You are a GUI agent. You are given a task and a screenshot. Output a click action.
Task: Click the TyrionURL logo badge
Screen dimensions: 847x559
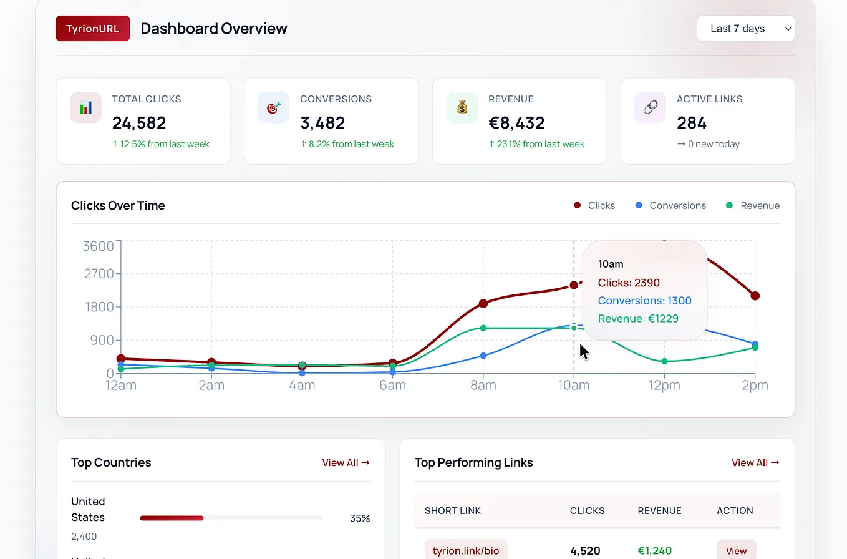[x=93, y=28]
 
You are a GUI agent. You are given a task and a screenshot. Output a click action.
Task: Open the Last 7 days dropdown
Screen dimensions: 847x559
[x=746, y=28]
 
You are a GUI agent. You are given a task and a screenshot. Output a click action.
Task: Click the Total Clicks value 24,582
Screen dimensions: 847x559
[x=138, y=122]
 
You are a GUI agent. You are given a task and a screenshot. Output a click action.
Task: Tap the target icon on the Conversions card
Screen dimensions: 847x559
[x=274, y=107]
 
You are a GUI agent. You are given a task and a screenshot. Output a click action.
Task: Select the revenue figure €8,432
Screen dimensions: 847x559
[x=516, y=122]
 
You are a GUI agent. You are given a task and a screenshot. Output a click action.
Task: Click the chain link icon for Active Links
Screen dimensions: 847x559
[x=651, y=107]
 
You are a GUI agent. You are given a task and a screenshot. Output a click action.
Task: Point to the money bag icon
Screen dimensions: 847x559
[x=462, y=107]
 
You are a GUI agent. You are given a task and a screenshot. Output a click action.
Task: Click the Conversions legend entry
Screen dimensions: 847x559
[x=670, y=205]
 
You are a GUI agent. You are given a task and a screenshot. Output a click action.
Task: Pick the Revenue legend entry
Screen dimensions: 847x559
[x=753, y=205]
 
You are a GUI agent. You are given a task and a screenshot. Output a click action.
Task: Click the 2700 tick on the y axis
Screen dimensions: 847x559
[x=99, y=273]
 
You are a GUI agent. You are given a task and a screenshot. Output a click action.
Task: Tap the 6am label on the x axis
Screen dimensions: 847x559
[x=392, y=386]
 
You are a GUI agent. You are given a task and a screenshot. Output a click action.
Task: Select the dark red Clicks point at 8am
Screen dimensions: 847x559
[x=483, y=303]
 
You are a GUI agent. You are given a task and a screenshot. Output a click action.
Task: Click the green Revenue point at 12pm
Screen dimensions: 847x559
[x=664, y=361]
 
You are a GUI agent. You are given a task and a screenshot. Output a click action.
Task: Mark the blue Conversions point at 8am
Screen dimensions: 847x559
[x=483, y=356]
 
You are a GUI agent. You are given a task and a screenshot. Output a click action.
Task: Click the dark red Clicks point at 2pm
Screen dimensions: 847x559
[x=755, y=296]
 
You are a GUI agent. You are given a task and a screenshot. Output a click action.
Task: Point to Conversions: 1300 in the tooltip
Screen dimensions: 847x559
[x=645, y=301]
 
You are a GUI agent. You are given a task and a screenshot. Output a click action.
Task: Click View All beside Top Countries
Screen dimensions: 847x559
[x=346, y=462]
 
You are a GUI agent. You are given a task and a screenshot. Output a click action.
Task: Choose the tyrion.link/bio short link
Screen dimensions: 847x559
[x=466, y=551]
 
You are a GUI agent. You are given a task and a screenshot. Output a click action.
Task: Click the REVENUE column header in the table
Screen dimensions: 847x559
[x=659, y=510]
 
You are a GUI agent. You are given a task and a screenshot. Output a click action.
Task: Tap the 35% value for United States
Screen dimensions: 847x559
[x=360, y=518]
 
